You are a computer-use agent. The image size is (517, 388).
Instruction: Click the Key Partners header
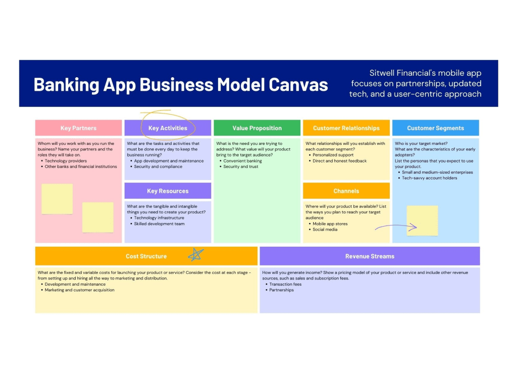pos(78,128)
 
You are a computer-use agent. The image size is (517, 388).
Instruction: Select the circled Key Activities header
pos(168,128)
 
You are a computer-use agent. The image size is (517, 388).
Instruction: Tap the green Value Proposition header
pos(257,128)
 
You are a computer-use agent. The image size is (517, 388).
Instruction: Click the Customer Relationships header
pos(346,128)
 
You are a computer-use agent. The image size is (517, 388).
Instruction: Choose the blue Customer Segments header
pos(435,128)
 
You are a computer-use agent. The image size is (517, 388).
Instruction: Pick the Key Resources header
pos(168,191)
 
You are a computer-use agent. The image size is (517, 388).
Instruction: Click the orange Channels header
pos(346,191)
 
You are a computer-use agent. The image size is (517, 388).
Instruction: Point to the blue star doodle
pos(195,255)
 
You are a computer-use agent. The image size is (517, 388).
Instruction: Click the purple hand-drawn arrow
pos(396,228)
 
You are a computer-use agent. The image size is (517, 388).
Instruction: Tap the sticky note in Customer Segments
pos(423,220)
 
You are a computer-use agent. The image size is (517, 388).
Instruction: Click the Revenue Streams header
pos(370,256)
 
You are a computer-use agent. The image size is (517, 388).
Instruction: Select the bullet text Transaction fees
pos(285,284)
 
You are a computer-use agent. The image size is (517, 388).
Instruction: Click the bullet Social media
pos(325,230)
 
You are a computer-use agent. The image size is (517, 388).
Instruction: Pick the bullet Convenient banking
pos(242,161)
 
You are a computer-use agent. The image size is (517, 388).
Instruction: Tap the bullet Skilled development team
pos(159,224)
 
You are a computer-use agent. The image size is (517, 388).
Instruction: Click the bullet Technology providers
pos(66,161)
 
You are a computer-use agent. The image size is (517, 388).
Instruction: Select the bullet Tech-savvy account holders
pos(430,178)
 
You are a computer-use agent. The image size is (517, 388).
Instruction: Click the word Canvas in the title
pos(298,84)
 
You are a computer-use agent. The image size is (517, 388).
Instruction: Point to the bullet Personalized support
pos(333,155)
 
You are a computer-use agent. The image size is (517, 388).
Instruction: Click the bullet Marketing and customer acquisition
pos(79,290)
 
